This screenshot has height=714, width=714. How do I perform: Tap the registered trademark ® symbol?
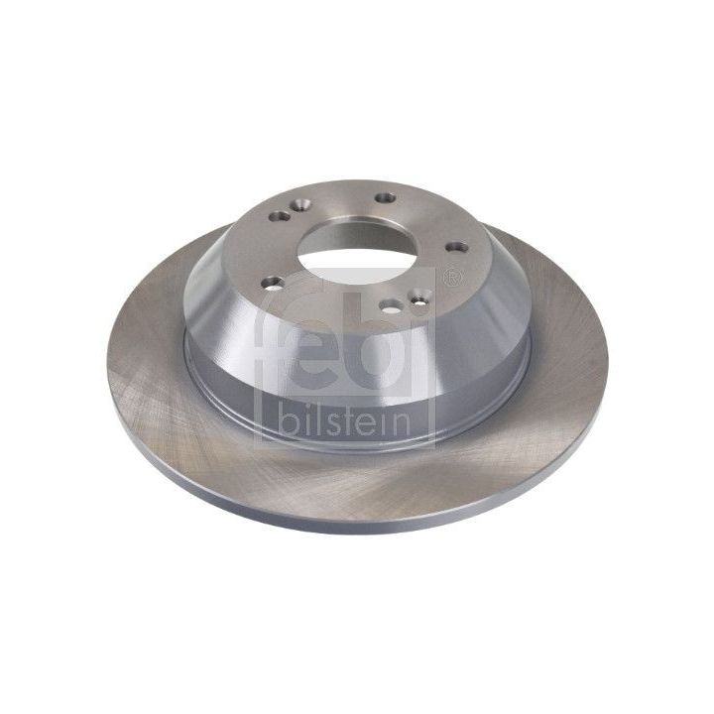(453, 278)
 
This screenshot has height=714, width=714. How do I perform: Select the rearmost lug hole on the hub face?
(383, 198)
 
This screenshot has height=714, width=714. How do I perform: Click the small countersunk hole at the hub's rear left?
(282, 215)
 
